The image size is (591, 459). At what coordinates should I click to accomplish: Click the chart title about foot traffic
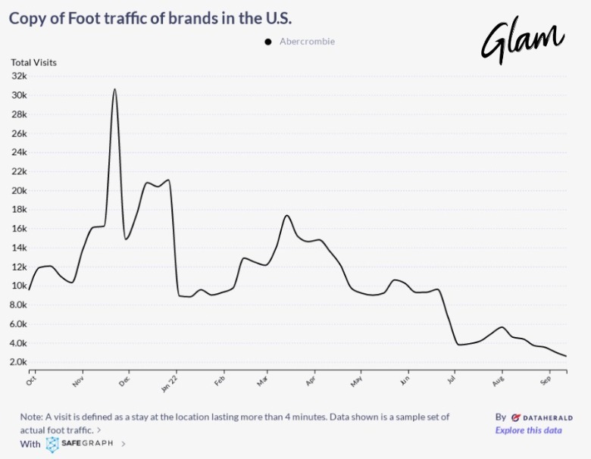pyautogui.click(x=150, y=17)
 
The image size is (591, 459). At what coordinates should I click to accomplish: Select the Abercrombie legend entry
pyautogui.click(x=300, y=42)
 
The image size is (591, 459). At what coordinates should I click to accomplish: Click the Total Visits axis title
pyautogui.click(x=33, y=62)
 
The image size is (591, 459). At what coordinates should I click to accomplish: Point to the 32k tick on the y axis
pyautogui.click(x=19, y=76)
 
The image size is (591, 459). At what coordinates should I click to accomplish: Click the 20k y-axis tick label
pyautogui.click(x=19, y=190)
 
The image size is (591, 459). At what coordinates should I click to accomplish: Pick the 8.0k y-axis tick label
pyautogui.click(x=18, y=304)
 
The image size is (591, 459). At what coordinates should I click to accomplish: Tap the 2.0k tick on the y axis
pyautogui.click(x=18, y=362)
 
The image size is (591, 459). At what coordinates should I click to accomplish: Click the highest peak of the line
pyautogui.click(x=114, y=89)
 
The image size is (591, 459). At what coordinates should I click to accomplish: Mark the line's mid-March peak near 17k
pyautogui.click(x=287, y=216)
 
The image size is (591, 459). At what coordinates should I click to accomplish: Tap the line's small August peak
pyautogui.click(x=502, y=327)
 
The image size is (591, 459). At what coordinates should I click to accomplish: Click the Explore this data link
pyautogui.click(x=528, y=430)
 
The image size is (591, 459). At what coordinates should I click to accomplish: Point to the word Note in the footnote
pyautogui.click(x=32, y=417)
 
